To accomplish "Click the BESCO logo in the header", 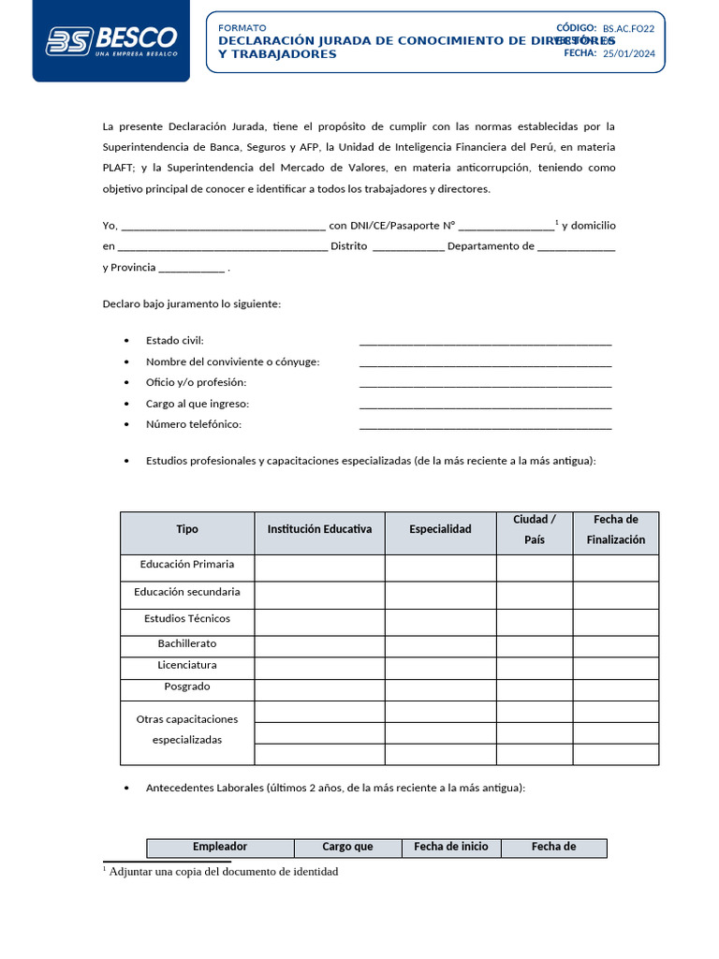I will pos(111,40).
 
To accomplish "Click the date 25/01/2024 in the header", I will pos(628,54).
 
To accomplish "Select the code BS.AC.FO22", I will pos(628,29).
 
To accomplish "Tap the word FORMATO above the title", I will pos(242,28).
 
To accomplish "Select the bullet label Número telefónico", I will pos(194,424).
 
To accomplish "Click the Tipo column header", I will pos(187,529).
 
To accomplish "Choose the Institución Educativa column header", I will pos(319,529).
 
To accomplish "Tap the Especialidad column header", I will pos(440,529).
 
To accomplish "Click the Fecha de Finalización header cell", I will pos(616,530).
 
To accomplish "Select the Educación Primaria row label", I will pos(187,565).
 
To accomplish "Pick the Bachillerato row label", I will pos(187,643).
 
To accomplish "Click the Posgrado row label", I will pos(187,686).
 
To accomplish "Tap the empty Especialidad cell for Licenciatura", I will pos(440,666).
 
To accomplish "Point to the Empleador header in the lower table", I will pos(220,847).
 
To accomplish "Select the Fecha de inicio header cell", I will pos(451,847).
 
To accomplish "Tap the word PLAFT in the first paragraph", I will pos(119,168).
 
